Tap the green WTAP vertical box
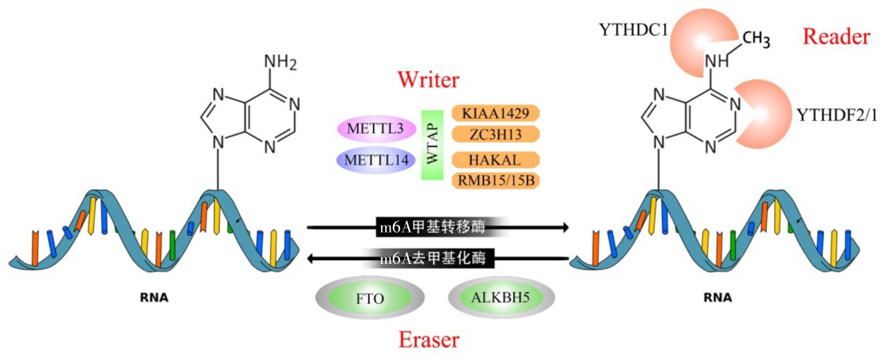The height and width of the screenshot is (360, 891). [433, 145]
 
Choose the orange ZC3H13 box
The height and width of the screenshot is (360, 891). [496, 135]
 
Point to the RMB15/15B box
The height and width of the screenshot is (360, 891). [496, 181]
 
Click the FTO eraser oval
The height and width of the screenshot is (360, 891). [370, 297]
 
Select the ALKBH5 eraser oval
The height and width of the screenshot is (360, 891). [502, 297]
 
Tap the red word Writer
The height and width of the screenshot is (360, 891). [428, 80]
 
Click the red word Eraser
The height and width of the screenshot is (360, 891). [429, 339]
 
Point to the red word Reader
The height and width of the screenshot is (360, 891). [836, 37]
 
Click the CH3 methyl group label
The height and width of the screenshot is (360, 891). [756, 40]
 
